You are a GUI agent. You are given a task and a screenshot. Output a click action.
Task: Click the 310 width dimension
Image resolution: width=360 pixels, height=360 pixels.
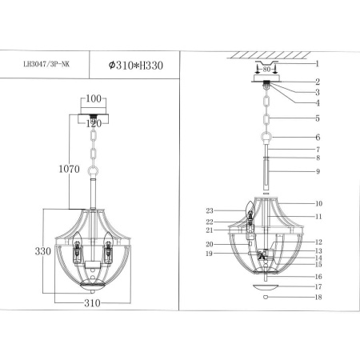[94, 305]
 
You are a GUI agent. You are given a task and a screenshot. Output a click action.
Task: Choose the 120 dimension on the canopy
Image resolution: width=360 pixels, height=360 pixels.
[94, 123]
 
